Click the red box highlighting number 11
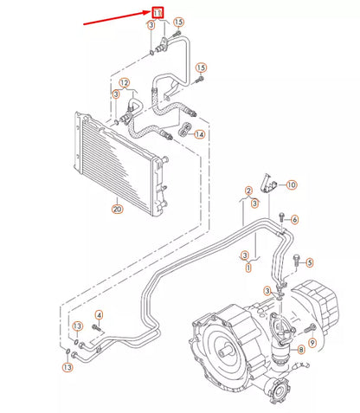point(157,12)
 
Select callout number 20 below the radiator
point(117,208)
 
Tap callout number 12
point(125,83)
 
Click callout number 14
point(200,134)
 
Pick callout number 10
point(292,184)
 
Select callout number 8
point(300,349)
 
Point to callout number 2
point(248,190)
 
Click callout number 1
point(247,268)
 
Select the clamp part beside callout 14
point(184,132)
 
